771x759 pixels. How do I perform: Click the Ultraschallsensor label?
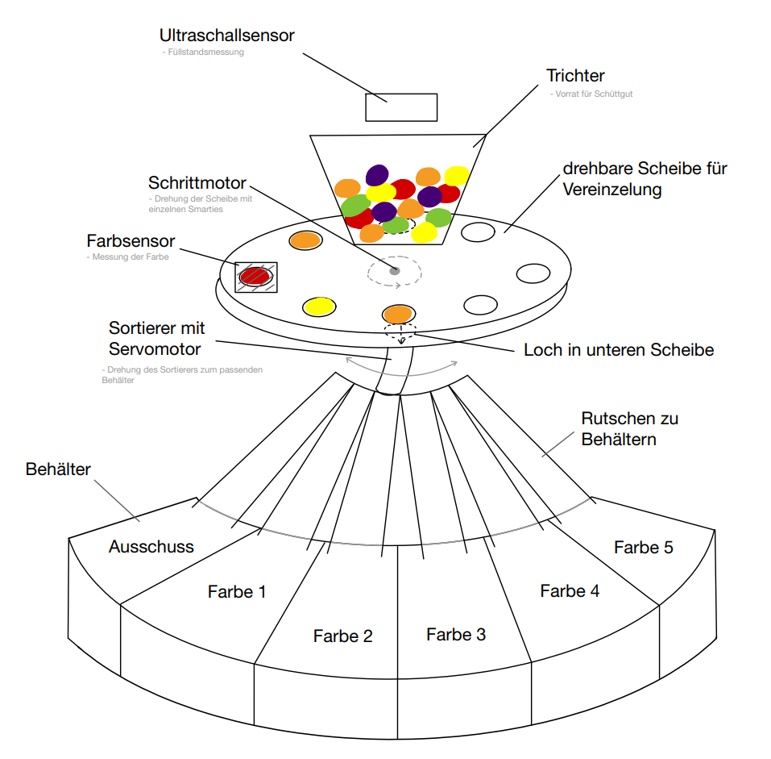(226, 35)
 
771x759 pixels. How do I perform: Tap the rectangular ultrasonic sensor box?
(401, 107)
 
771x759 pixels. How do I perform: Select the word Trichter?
(575, 76)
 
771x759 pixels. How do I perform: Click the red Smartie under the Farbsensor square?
(255, 276)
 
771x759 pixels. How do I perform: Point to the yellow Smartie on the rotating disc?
(319, 306)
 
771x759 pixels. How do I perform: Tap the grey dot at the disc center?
(394, 271)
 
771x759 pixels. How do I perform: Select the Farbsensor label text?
(131, 241)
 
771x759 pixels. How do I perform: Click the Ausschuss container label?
(151, 546)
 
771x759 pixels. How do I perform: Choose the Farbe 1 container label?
(237, 591)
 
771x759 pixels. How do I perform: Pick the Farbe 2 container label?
(343, 636)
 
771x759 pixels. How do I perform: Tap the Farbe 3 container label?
(456, 634)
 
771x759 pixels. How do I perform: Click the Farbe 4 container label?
(570, 590)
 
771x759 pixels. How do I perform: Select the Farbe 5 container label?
(643, 547)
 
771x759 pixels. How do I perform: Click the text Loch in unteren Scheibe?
(619, 350)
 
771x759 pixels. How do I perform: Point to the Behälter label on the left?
(59, 469)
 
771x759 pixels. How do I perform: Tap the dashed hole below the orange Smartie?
(400, 331)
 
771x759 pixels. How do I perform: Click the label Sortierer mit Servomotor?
(156, 339)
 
